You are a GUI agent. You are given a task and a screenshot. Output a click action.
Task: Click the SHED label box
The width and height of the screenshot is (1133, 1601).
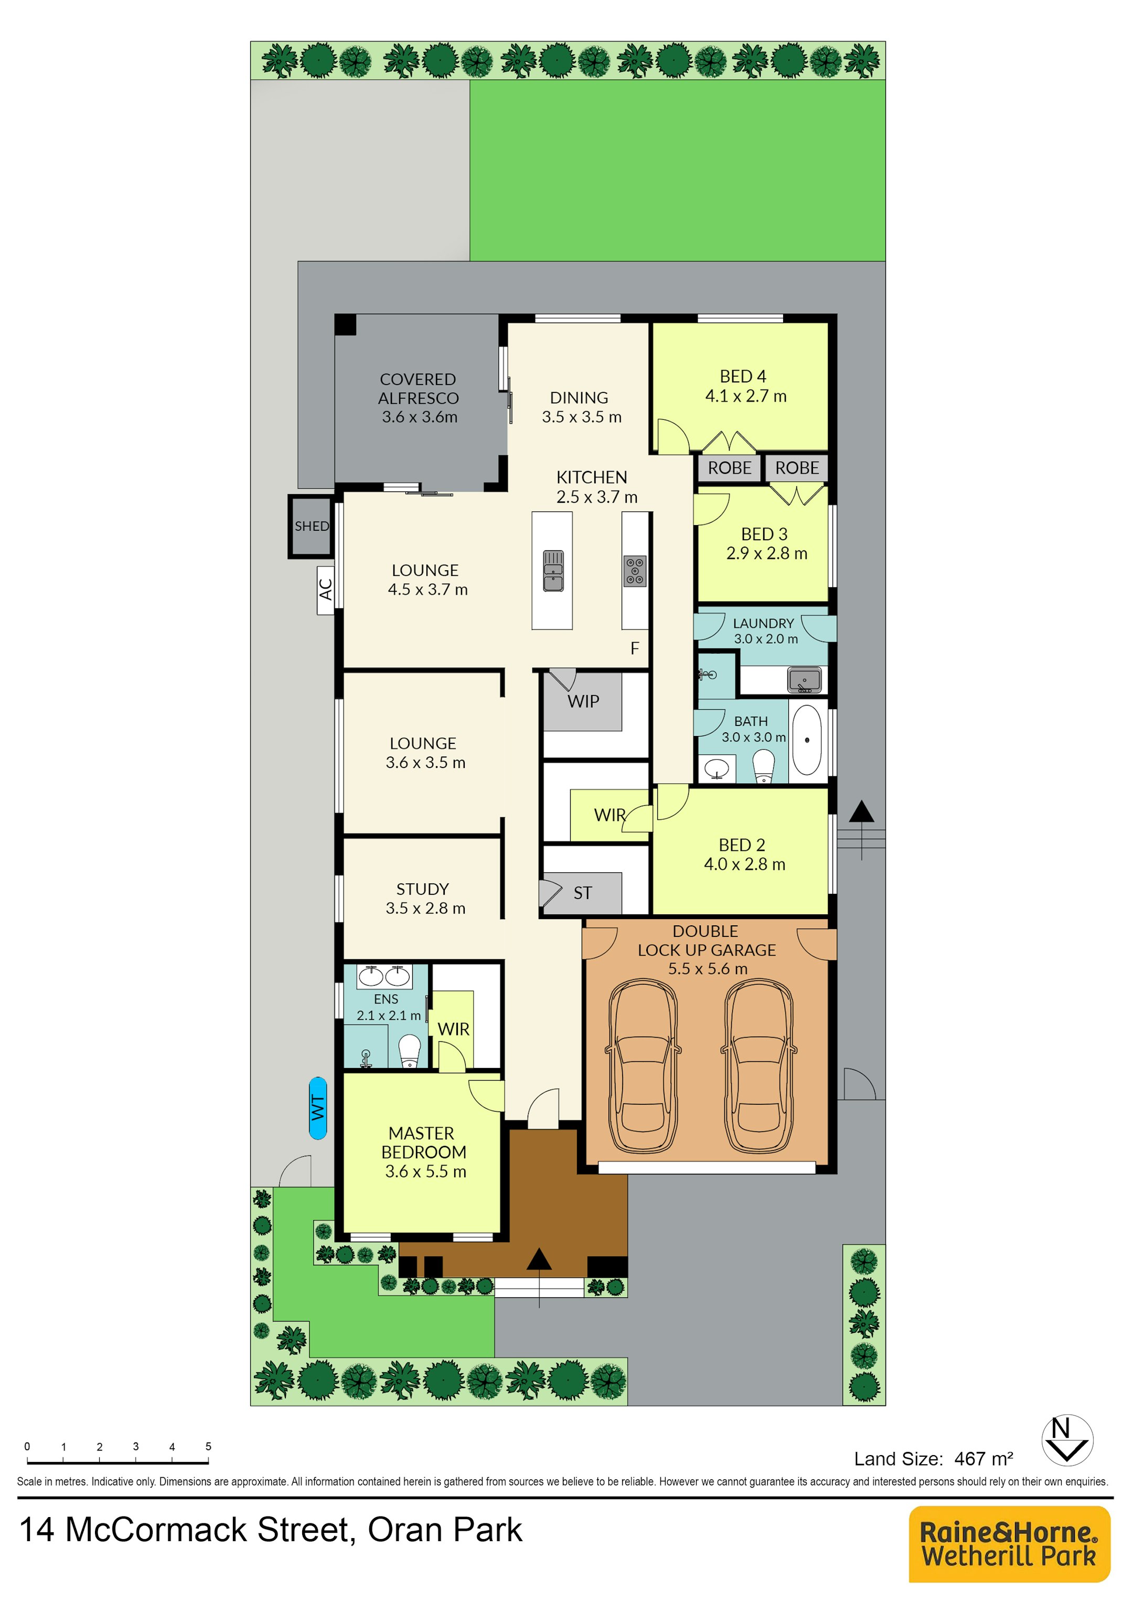(x=311, y=527)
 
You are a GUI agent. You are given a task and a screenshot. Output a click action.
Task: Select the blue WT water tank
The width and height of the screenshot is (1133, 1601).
(x=317, y=1108)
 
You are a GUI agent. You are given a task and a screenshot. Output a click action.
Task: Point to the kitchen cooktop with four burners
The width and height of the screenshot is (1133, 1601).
(x=635, y=571)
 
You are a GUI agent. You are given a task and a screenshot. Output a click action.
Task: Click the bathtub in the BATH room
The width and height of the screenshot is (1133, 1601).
(x=807, y=740)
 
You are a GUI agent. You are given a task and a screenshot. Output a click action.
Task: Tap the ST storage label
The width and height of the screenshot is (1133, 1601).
(x=583, y=893)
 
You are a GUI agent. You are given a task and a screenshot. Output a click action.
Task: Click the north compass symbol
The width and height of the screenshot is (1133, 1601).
(x=1067, y=1440)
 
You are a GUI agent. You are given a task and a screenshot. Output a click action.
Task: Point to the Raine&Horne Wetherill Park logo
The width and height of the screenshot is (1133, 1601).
(x=1009, y=1544)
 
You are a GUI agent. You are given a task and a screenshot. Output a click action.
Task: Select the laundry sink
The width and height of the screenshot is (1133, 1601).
(x=805, y=679)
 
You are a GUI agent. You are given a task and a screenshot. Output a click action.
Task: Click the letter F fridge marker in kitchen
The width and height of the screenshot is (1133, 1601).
(x=635, y=648)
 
